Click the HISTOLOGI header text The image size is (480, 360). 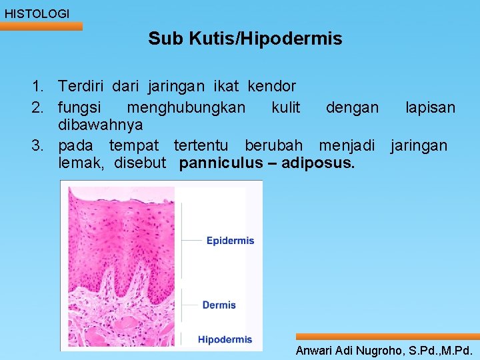37,13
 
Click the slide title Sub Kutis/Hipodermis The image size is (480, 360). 245,39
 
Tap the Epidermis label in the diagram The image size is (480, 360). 230,241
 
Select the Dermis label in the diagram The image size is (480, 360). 219,305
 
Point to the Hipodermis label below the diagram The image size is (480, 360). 225,339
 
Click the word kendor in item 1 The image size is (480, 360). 271,86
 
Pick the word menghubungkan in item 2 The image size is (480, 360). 186,107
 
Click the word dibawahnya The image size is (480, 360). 101,125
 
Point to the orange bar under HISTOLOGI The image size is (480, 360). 41,27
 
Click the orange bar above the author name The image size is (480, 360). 387,337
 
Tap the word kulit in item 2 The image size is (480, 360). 286,107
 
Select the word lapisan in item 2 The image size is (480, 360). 430,107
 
